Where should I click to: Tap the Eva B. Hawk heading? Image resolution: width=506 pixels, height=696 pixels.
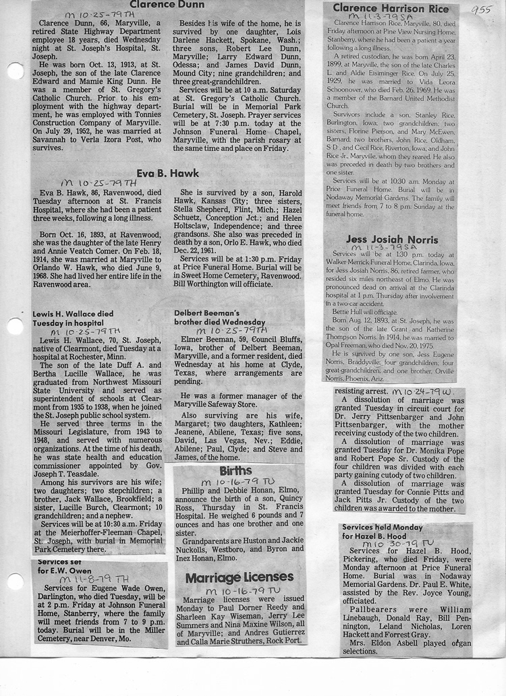167,173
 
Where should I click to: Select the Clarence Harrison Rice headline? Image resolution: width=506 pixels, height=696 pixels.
389,8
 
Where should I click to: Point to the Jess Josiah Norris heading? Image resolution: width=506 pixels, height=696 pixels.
392,239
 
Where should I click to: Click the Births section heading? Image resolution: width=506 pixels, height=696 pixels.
235,470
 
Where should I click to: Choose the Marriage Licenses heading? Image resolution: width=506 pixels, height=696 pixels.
240,577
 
